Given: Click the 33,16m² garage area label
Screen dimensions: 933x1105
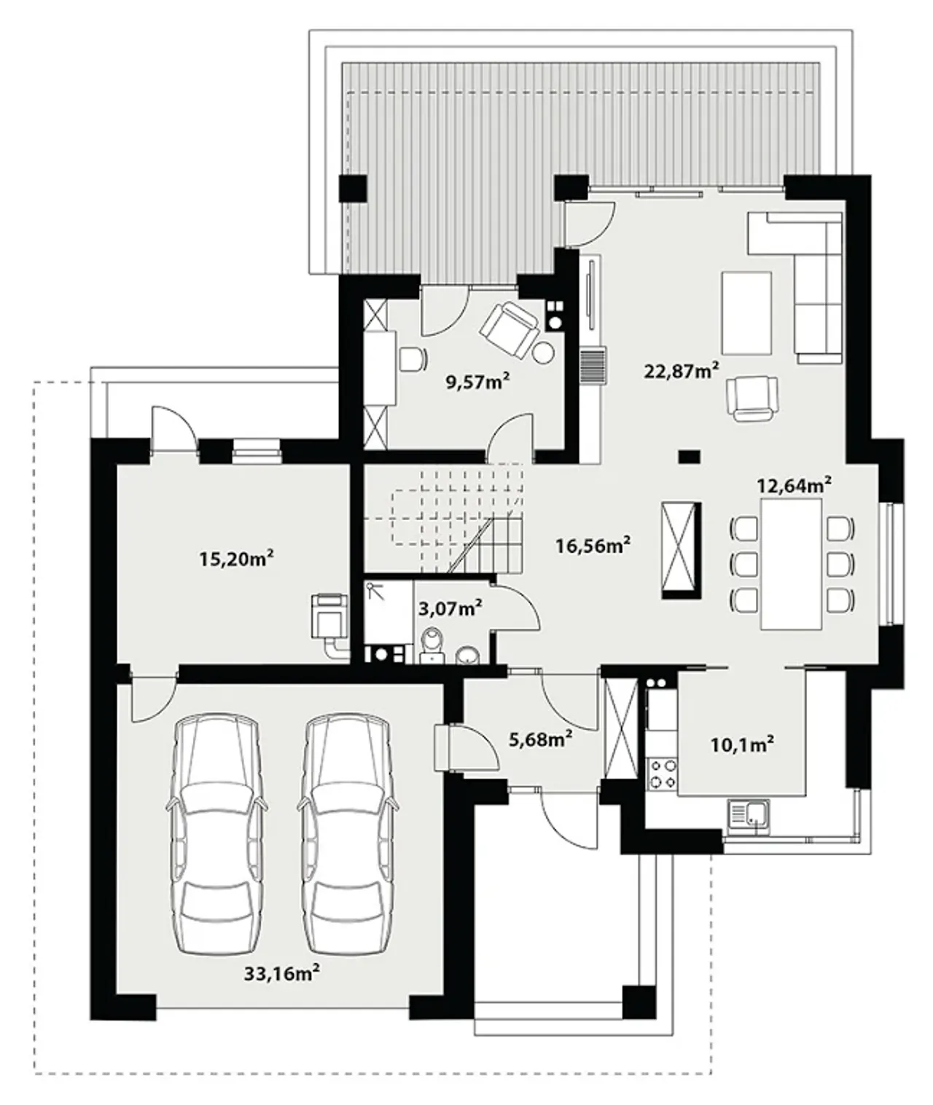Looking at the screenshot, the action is click(281, 972).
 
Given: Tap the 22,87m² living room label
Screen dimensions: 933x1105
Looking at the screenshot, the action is click(682, 370).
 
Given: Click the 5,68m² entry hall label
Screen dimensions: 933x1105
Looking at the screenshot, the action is click(540, 739).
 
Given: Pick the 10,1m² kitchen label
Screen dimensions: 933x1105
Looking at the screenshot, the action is click(742, 745).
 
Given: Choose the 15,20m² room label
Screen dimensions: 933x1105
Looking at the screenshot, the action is click(236, 558).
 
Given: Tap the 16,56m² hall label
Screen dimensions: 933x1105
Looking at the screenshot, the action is click(593, 545).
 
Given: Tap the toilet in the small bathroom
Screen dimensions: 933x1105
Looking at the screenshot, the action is click(433, 645).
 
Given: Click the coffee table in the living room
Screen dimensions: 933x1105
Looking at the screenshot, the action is click(746, 312).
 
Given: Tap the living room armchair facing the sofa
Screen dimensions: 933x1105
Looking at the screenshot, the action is click(752, 398).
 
